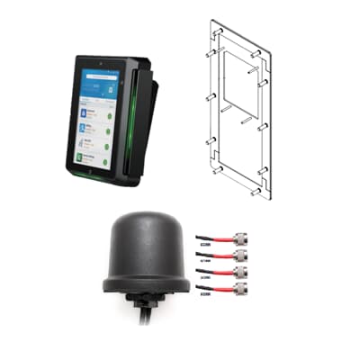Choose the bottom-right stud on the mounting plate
[259, 192]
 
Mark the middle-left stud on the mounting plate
[211, 98]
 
